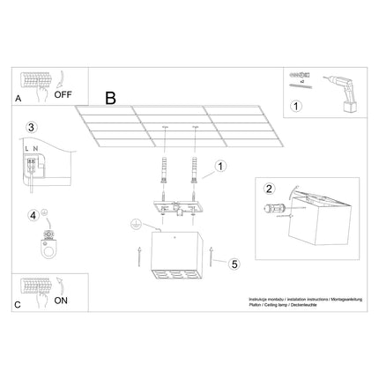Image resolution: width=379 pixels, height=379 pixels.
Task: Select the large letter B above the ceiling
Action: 110,97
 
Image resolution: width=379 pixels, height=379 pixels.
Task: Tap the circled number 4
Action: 33,214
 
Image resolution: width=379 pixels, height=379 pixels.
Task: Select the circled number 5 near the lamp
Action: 234,264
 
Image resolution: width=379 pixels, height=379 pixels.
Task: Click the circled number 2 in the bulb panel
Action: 270,187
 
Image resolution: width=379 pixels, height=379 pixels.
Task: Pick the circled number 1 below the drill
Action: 296,108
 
